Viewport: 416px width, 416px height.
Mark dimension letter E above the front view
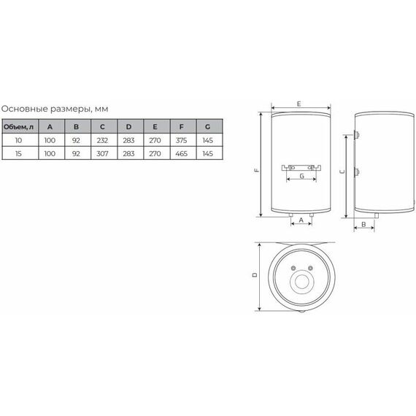click(299, 105)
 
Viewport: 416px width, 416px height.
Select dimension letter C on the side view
click(342, 169)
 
